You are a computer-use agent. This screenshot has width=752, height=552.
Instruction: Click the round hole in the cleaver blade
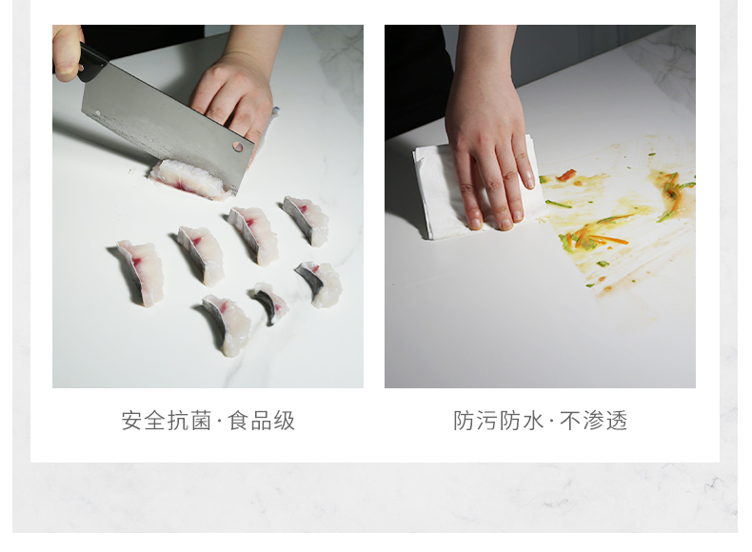pos(237,147)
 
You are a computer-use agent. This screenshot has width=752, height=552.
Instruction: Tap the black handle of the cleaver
pos(92,63)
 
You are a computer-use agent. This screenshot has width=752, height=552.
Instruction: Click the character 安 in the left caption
pos(131,421)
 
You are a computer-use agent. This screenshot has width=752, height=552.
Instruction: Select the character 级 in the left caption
pos(285,421)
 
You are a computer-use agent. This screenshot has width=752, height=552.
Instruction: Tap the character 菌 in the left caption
pos(201,421)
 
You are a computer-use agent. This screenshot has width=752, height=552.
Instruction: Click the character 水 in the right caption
pos(532,421)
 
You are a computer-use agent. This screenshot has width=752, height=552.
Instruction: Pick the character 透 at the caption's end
pos(617,421)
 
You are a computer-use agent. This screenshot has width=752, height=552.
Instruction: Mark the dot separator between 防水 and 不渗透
pos(551,422)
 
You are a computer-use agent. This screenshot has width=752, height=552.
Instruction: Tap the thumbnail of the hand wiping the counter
pos(540,207)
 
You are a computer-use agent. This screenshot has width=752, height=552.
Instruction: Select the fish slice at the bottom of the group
pos(227,325)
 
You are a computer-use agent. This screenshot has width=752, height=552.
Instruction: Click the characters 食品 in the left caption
pos(249,421)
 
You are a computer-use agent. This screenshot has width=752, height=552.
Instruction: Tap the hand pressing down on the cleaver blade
pos(235,96)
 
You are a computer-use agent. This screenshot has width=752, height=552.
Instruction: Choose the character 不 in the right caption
pos(570,421)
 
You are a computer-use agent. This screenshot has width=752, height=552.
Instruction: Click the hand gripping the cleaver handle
pos(68,51)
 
